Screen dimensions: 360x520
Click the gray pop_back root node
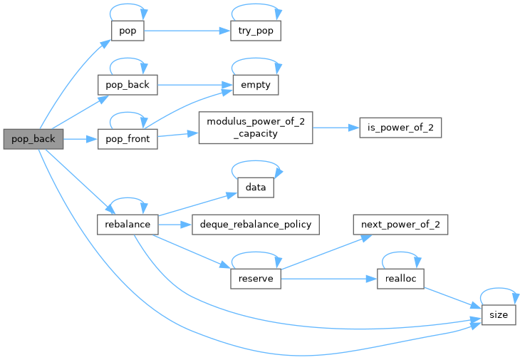click(33, 139)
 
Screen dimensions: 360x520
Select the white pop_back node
click(127, 85)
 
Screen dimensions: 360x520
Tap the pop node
click(127, 31)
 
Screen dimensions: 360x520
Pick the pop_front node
click(127, 138)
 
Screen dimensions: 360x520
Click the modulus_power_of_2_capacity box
click(255, 127)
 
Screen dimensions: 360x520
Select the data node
click(255, 187)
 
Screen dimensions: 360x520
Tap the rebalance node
click(127, 225)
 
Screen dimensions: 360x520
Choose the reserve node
click(256, 278)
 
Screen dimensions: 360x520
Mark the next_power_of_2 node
click(400, 225)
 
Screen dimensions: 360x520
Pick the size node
click(499, 314)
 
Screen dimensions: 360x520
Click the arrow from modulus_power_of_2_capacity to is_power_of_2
click(335, 127)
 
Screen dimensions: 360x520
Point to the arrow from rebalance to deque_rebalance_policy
click(174, 225)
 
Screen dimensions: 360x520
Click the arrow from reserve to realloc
click(328, 278)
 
